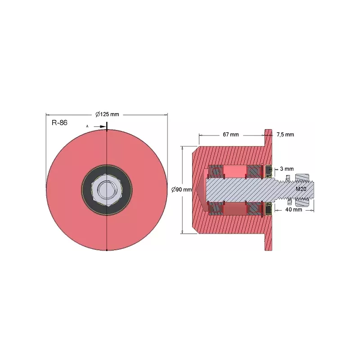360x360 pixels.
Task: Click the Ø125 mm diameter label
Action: tap(107, 114)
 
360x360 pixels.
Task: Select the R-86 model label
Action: tap(59, 122)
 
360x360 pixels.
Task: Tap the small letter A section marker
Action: tap(87, 126)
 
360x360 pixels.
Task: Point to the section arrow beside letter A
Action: tap(99, 126)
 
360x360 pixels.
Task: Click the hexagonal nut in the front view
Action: tap(107, 190)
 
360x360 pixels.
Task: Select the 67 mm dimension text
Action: tap(231, 135)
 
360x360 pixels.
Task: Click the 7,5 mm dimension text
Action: tap(285, 135)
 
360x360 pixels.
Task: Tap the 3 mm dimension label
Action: tap(287, 169)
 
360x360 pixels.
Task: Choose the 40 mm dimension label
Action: tap(294, 209)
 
